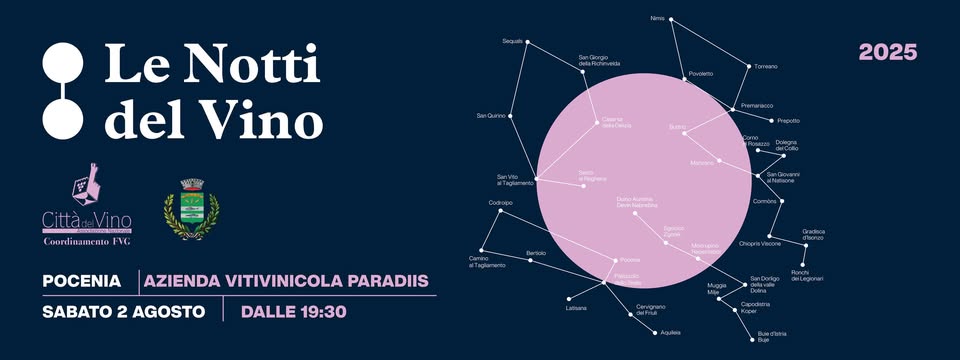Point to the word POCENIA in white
[82, 282]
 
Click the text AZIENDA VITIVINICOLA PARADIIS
[287, 282]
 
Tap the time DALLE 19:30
[293, 311]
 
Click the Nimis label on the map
[657, 18]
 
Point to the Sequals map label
[512, 41]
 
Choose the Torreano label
[766, 66]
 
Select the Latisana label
[576, 308]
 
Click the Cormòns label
[765, 201]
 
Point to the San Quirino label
[490, 117]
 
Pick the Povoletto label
[701, 74]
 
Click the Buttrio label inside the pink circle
[677, 128]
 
